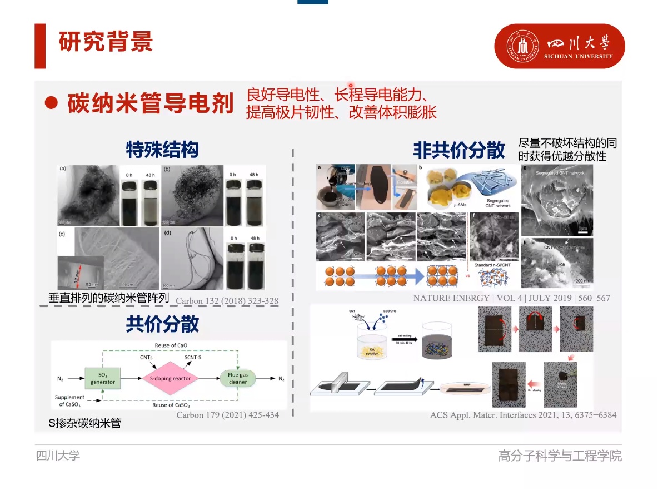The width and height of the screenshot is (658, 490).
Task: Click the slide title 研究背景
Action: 106,42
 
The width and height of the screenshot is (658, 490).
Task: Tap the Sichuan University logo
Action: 560,46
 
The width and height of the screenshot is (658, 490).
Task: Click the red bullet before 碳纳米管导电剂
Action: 52,103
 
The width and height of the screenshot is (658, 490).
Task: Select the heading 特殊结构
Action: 162,150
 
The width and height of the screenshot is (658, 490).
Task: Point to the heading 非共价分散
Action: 458,150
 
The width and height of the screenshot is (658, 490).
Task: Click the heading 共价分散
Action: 162,324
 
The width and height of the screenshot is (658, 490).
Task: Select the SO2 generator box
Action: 103,378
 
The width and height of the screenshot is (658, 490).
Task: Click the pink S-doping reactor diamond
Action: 170,378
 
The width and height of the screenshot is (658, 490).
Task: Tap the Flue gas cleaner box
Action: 238,378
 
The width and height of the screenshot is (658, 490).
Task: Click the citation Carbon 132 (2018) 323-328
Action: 227,301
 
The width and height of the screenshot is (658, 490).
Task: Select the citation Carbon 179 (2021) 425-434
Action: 227,415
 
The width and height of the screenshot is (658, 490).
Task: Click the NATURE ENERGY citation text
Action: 511,298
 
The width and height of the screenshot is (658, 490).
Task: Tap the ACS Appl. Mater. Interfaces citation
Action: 523,415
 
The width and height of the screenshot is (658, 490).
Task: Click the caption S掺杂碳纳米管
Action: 85,424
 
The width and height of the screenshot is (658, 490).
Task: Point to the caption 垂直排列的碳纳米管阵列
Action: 108,298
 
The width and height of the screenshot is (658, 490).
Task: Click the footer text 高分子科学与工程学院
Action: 560,456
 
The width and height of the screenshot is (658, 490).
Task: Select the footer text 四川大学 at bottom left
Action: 58,456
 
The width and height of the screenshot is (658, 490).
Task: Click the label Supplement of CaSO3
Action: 70,400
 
